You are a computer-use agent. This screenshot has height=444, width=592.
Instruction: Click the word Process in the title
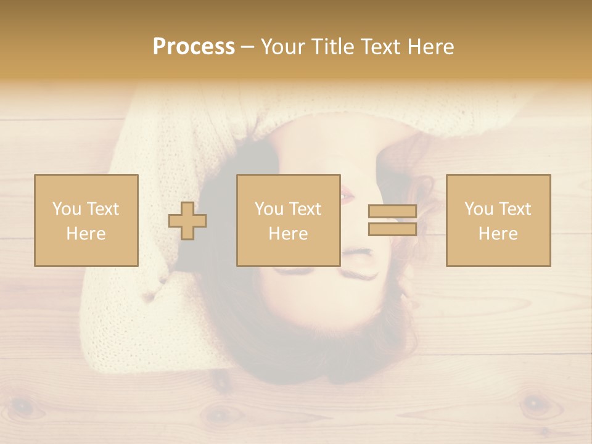coord(194,47)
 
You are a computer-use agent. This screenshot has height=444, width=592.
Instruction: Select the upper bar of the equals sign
coord(392,212)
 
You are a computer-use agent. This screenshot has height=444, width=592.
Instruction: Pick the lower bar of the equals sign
coord(392,229)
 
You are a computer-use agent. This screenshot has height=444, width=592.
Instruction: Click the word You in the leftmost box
coord(67,209)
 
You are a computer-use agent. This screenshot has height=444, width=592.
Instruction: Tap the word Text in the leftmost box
coord(102,209)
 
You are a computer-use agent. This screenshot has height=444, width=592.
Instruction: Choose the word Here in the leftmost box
coord(86,234)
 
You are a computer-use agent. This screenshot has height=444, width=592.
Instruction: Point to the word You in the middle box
coord(269,209)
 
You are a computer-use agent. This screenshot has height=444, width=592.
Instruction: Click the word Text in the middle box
coord(305,209)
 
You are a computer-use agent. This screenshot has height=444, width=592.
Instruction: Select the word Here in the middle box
coord(288,234)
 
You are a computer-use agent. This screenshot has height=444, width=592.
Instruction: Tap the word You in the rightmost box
coord(479,209)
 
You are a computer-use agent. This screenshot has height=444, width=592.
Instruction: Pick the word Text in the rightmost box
coord(514,209)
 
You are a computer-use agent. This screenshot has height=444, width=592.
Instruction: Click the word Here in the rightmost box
coord(498,234)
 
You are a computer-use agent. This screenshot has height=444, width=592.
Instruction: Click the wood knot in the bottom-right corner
coord(534,405)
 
